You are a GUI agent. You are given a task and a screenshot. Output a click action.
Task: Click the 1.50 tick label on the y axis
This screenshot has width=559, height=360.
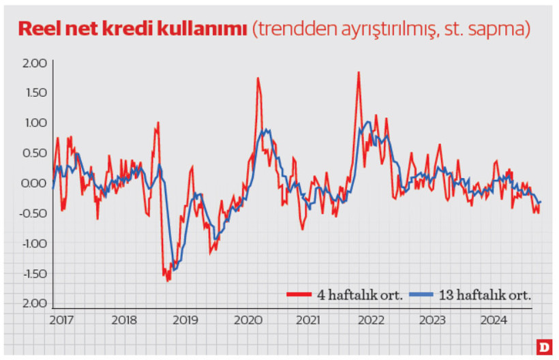[35, 93]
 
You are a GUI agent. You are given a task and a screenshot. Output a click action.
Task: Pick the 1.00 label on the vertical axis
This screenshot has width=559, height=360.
[35, 123]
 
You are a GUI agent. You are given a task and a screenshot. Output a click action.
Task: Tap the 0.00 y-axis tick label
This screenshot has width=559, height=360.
[35, 183]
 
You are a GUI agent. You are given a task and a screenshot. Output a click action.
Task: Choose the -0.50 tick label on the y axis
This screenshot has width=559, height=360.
[33, 213]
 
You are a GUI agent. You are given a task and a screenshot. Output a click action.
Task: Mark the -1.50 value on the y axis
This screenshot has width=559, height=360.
[33, 273]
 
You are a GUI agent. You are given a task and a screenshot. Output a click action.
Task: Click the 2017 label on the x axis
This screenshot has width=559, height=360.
[62, 319]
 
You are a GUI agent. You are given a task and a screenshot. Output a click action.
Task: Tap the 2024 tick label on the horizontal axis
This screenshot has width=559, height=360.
[493, 319]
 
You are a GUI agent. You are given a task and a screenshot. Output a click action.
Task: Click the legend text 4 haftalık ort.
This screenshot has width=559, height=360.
[359, 295]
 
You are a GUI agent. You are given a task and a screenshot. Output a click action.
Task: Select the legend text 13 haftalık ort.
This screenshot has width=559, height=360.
[485, 295]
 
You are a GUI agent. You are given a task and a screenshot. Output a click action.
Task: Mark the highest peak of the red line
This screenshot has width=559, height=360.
[358, 72]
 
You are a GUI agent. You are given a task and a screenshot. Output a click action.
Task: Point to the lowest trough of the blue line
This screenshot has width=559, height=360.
[175, 270]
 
